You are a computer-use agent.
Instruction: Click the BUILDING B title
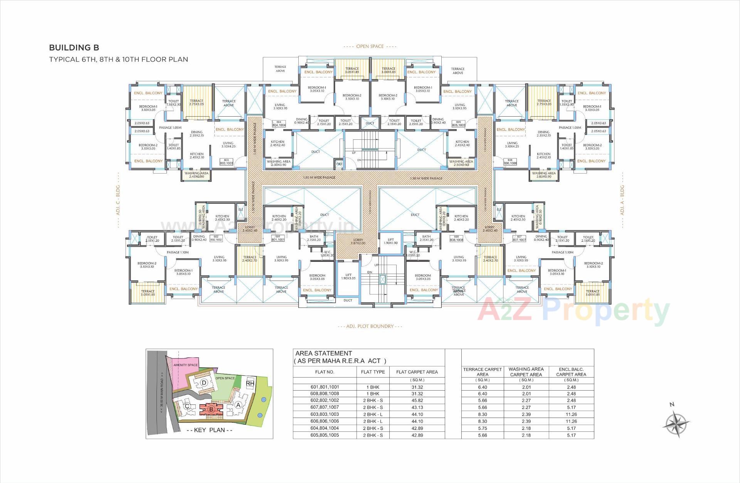[x=74, y=48]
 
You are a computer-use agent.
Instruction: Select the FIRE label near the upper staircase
[x=339, y=164]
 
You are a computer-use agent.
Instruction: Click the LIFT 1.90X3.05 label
[x=348, y=276]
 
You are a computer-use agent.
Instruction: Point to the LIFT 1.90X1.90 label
[x=391, y=241]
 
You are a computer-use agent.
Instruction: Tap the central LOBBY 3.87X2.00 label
[x=358, y=241]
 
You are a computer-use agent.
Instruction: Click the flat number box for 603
[x=226, y=162]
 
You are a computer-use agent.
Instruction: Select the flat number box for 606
[x=510, y=162]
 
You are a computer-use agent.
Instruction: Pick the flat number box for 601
[x=278, y=238]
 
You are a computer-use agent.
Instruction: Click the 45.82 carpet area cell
[x=417, y=400]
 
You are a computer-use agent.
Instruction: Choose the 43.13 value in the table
[x=417, y=407]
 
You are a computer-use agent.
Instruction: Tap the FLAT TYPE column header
[x=373, y=372]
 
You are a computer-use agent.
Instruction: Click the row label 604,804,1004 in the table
[x=325, y=428]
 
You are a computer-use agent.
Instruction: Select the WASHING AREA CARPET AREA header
[x=526, y=372]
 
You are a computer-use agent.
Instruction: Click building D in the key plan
[x=204, y=383]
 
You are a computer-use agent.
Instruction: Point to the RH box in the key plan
[x=250, y=383]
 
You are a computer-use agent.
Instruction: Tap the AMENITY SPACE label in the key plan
[x=185, y=365]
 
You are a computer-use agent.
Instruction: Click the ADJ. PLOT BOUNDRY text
[x=370, y=326]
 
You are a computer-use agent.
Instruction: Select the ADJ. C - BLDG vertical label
[x=118, y=200]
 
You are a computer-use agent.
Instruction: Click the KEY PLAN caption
[x=209, y=430]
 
